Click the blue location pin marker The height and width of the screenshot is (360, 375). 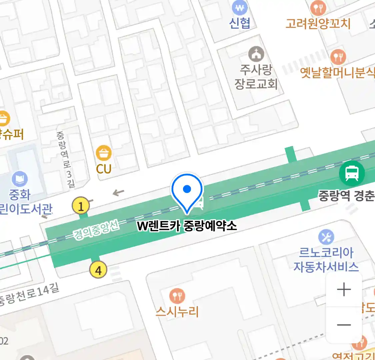pos(187,191)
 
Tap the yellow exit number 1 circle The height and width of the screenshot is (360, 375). pos(81,206)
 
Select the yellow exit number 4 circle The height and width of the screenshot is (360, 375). pos(98,270)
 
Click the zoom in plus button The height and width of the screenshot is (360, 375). pos(344,289)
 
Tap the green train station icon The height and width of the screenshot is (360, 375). pos(352,173)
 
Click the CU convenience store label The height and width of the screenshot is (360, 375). pos(104,169)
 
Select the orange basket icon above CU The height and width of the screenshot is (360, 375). pos(104,153)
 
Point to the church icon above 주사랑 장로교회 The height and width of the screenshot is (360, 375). pos(256,54)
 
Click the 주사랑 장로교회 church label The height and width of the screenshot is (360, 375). pos(256,77)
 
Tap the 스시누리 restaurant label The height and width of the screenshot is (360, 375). pos(177,312)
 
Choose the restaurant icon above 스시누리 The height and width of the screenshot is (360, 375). pos(177,295)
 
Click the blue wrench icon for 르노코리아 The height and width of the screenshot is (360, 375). pos(326,237)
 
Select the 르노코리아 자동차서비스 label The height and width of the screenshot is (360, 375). pos(326,260)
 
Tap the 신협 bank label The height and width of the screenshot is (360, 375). pos(239,23)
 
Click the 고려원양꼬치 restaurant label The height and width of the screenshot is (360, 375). pos(318,24)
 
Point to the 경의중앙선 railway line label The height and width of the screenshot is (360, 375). pos(96,230)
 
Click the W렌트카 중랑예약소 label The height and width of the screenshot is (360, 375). pos(187,226)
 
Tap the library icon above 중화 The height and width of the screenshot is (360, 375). pos(20,179)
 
